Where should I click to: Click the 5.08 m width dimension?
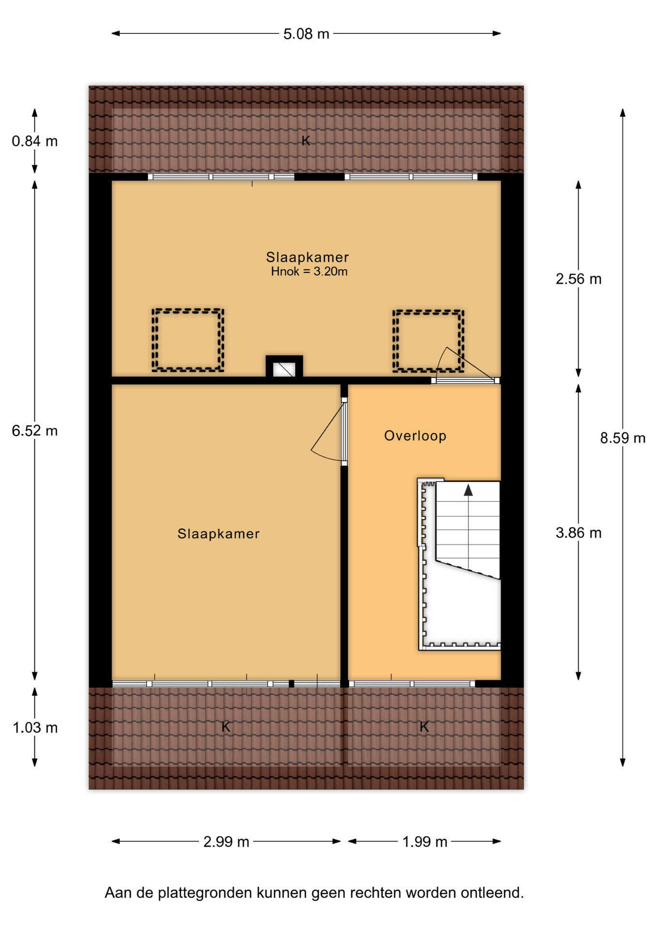point(306,34)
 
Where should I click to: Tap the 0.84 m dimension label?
point(35,141)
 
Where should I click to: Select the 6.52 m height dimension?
point(35,431)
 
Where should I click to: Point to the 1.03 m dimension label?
point(35,728)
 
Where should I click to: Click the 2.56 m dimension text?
point(579,279)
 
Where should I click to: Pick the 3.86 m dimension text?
point(579,533)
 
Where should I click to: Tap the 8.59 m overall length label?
point(623,438)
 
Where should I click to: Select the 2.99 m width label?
point(226,842)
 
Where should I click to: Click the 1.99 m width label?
point(425,842)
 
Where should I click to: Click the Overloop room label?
point(415,436)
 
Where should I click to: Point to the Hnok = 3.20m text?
point(309,271)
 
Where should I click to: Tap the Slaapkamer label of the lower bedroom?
point(219,534)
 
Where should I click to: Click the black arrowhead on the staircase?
point(468,490)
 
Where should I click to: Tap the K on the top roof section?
point(306,141)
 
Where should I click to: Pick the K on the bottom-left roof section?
point(226,727)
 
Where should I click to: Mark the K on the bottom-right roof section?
point(424,727)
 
